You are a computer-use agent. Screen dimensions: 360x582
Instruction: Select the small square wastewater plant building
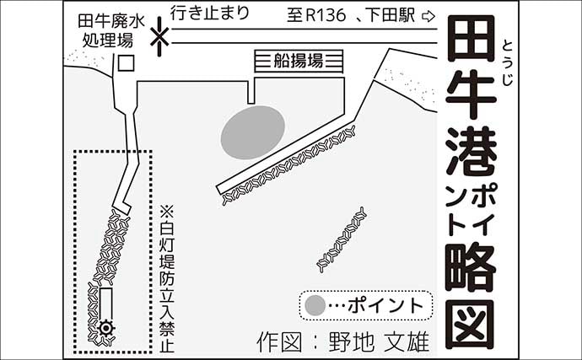point(125,62)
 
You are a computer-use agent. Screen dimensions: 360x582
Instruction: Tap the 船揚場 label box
point(299,62)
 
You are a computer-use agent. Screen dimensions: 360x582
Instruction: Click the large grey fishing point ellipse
point(252,131)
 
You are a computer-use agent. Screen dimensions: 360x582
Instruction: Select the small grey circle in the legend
point(315,304)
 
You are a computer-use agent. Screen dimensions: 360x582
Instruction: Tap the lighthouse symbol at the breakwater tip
point(105,329)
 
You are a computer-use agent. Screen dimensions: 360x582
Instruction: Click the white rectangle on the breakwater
point(105,302)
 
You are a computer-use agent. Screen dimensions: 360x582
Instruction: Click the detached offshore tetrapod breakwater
point(341,239)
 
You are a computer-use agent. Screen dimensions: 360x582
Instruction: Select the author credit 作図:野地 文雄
point(342,341)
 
